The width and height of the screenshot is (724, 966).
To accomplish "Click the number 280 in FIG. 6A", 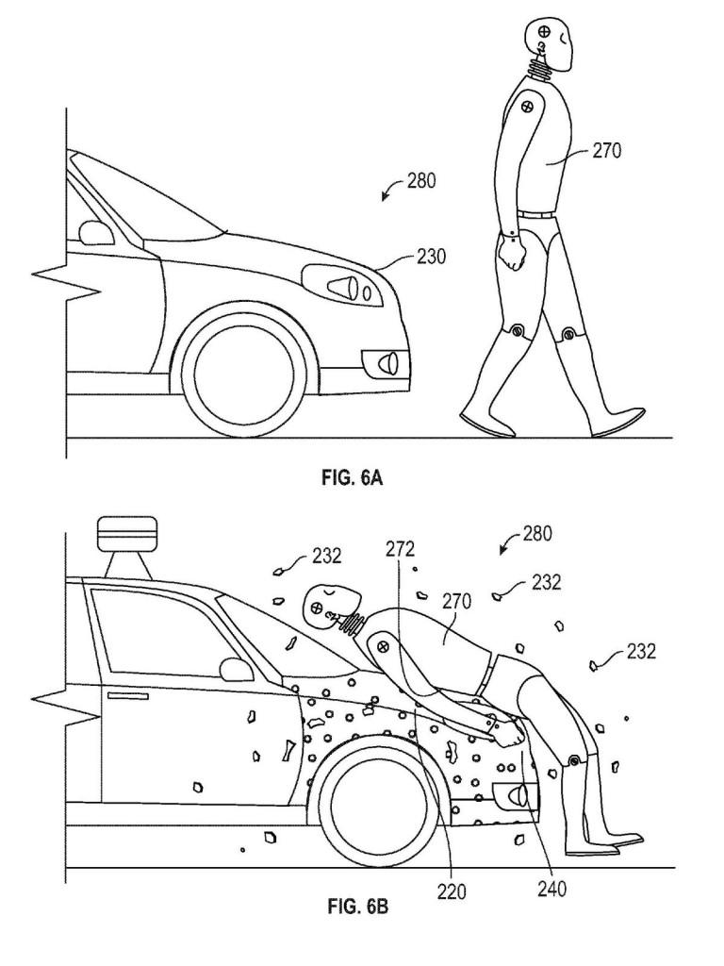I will click(x=421, y=181).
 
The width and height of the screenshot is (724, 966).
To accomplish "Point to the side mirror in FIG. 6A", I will click(x=94, y=231).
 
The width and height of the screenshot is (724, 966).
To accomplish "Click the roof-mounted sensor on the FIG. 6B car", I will click(x=125, y=537).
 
